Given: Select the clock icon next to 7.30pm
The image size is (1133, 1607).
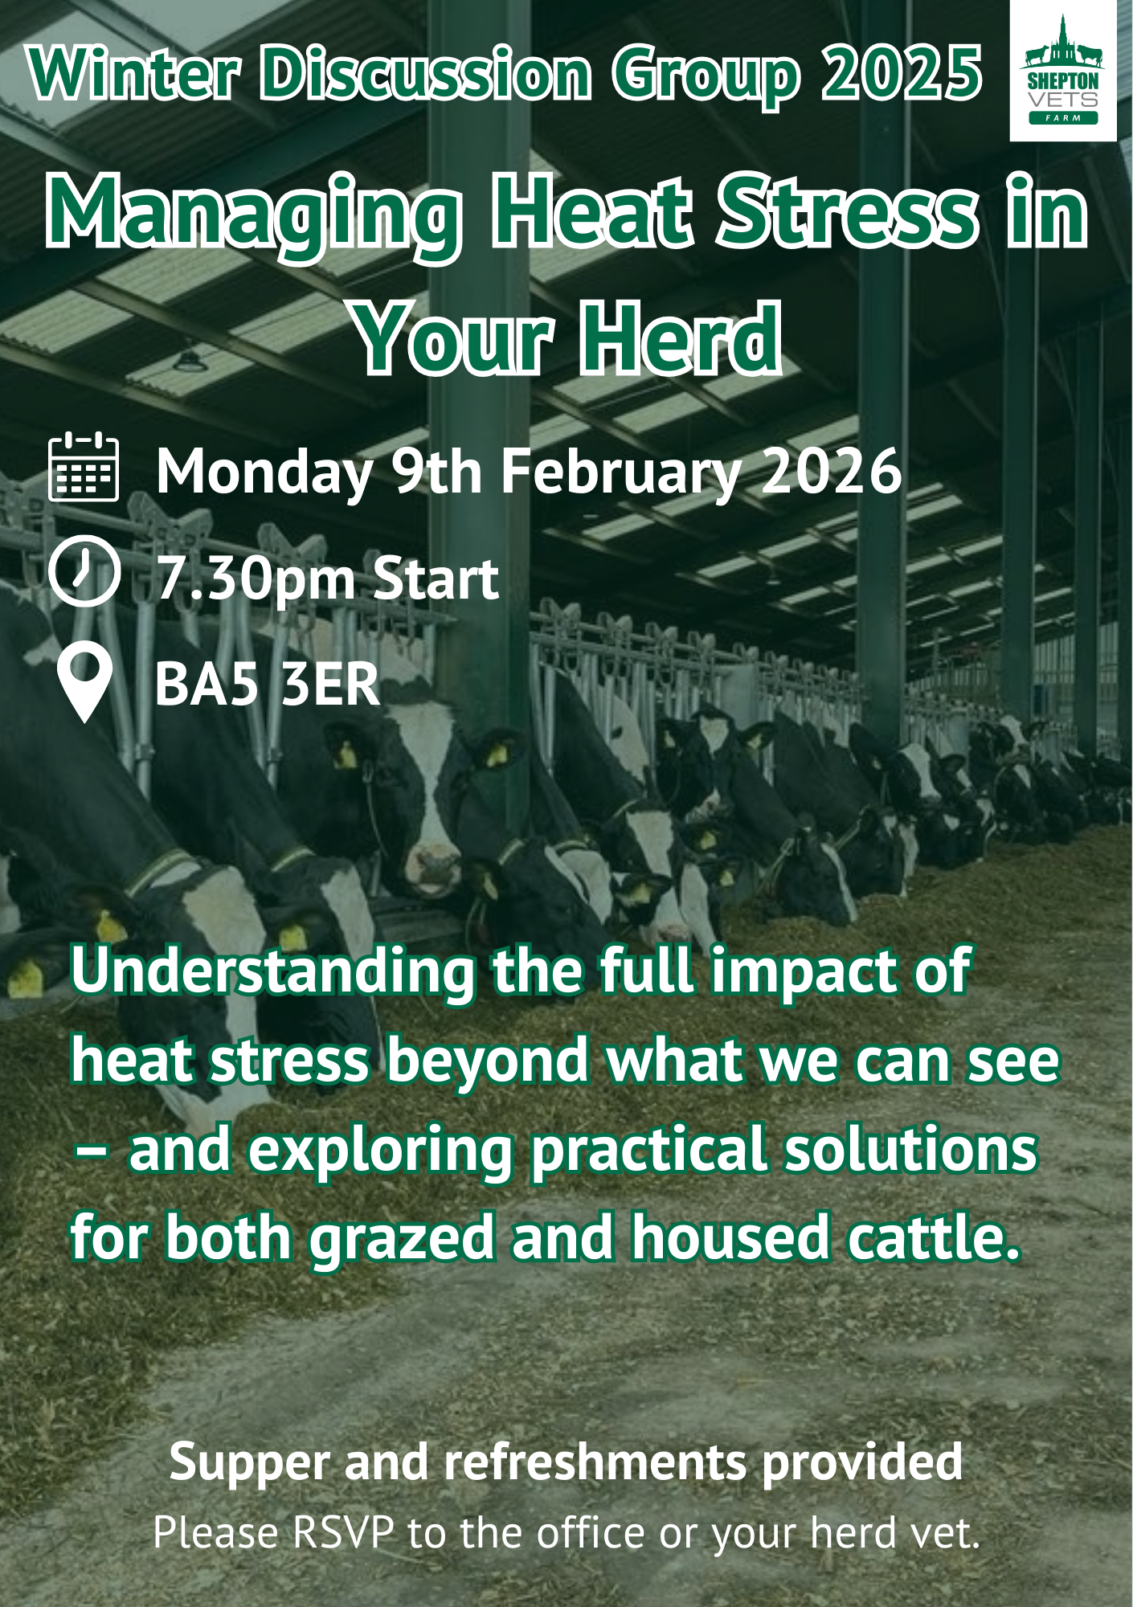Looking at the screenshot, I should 84,570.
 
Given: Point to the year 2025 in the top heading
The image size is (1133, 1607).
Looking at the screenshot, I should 901,74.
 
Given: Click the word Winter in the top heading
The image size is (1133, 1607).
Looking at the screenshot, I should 134,74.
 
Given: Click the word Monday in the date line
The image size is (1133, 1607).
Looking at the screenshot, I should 264,472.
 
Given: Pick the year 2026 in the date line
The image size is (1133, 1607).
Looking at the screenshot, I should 832,472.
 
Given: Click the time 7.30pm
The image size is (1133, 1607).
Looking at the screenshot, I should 256,579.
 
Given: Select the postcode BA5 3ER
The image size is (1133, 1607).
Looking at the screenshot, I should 267,685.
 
